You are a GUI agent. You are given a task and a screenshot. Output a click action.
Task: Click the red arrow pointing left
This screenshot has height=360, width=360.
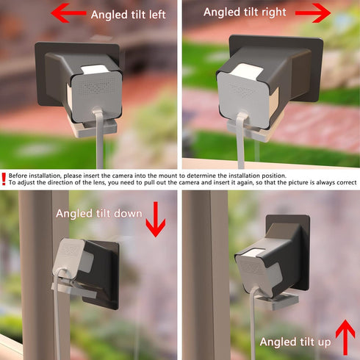coord(68,12)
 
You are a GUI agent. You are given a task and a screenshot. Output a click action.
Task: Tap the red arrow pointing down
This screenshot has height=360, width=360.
coord(155,220)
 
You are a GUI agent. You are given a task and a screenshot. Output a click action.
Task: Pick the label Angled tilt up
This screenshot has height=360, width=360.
coord(295,342)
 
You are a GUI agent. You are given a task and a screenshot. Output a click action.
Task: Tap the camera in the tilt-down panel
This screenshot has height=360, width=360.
coord(73,261)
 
